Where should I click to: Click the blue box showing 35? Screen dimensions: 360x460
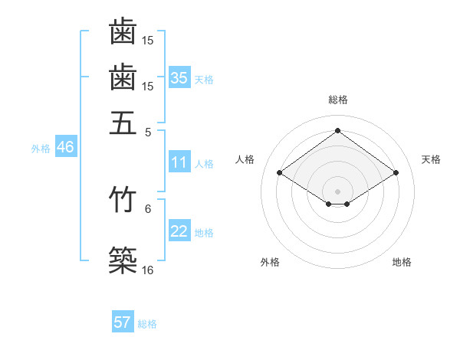tap(179, 78)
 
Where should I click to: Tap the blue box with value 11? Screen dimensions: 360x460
tap(179, 162)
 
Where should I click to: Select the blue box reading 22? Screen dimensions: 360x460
tap(179, 232)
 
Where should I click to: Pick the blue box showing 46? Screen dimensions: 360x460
tap(65, 148)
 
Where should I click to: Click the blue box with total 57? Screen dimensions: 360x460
tap(123, 322)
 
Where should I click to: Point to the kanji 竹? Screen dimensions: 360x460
tap(123, 198)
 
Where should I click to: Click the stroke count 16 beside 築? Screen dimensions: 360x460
tap(148, 270)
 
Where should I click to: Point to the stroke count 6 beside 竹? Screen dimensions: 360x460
tap(148, 208)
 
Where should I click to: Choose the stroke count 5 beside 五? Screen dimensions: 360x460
tap(148, 131)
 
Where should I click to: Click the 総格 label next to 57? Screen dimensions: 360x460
tap(147, 324)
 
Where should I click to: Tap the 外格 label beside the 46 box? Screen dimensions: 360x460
tap(41, 149)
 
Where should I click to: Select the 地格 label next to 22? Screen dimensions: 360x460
tap(204, 233)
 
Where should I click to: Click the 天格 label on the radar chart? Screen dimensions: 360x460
tap(431, 159)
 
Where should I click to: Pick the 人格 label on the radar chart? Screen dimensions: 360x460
tap(245, 159)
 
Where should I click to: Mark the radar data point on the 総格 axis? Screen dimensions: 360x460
tap(337, 130)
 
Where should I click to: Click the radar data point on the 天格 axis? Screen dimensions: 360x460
tap(396, 173)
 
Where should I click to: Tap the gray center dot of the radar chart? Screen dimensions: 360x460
tap(337, 191)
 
